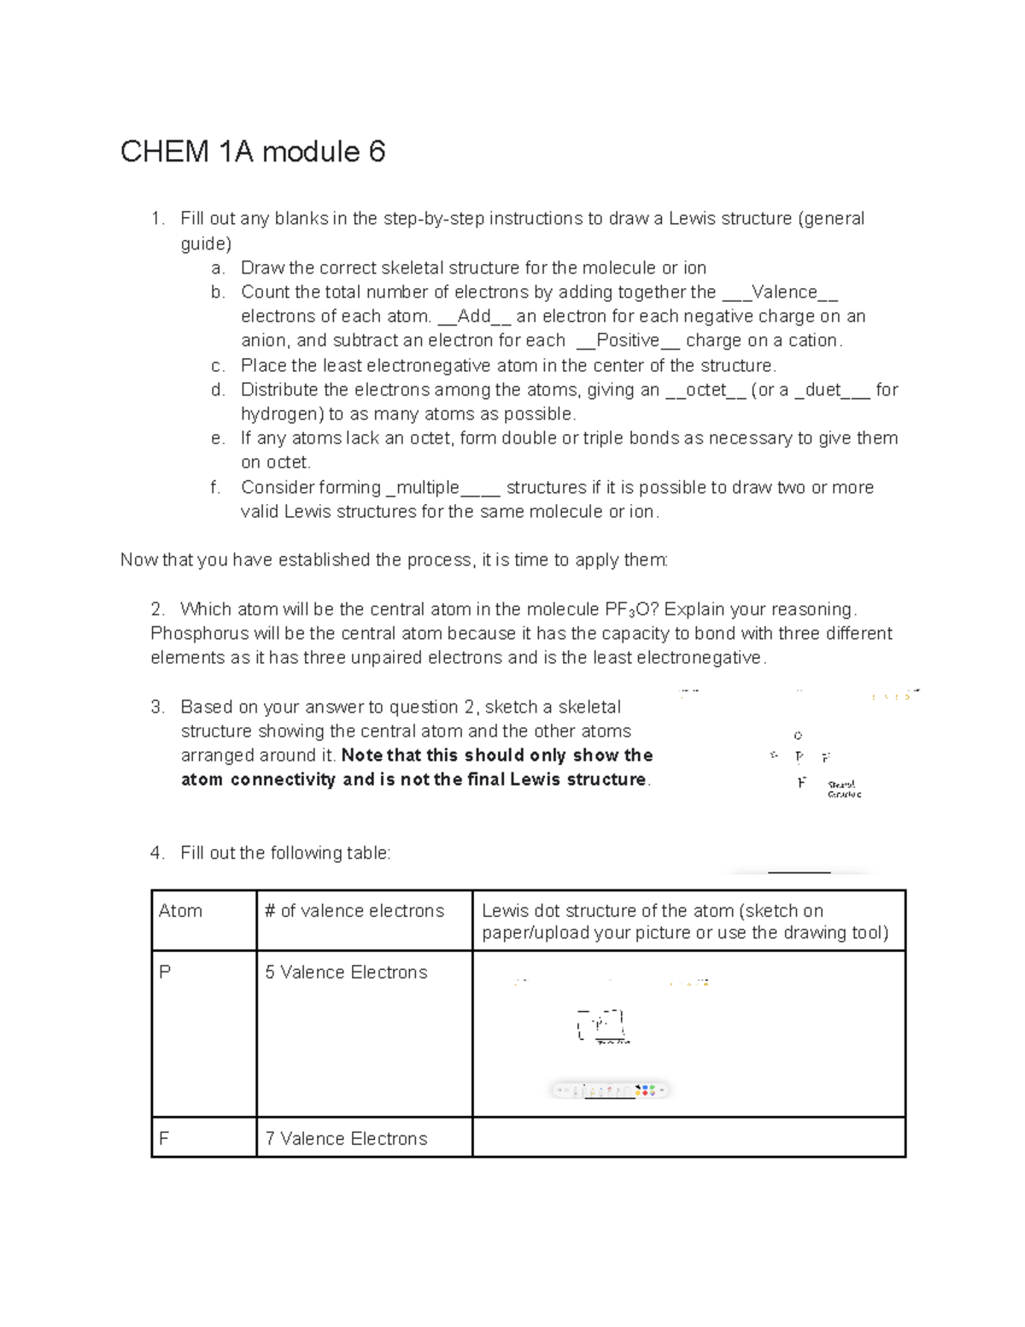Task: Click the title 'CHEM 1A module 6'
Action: click(x=253, y=152)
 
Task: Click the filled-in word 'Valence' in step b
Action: click(x=783, y=292)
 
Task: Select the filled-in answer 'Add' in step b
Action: click(x=474, y=316)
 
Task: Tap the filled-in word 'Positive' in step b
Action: click(x=629, y=340)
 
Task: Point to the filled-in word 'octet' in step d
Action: click(x=706, y=390)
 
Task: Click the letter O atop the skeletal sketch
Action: click(x=798, y=735)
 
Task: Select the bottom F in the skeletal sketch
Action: click(x=801, y=783)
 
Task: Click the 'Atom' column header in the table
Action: click(x=180, y=911)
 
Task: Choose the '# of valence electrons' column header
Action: click(x=354, y=911)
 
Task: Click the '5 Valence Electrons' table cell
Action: click(x=346, y=972)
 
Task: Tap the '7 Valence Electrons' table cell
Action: click(x=346, y=1138)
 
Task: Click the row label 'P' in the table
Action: click(x=165, y=972)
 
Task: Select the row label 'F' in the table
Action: click(x=164, y=1138)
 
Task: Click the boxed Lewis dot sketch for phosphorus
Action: click(x=601, y=1025)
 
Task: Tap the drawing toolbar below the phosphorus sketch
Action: click(x=610, y=1090)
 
